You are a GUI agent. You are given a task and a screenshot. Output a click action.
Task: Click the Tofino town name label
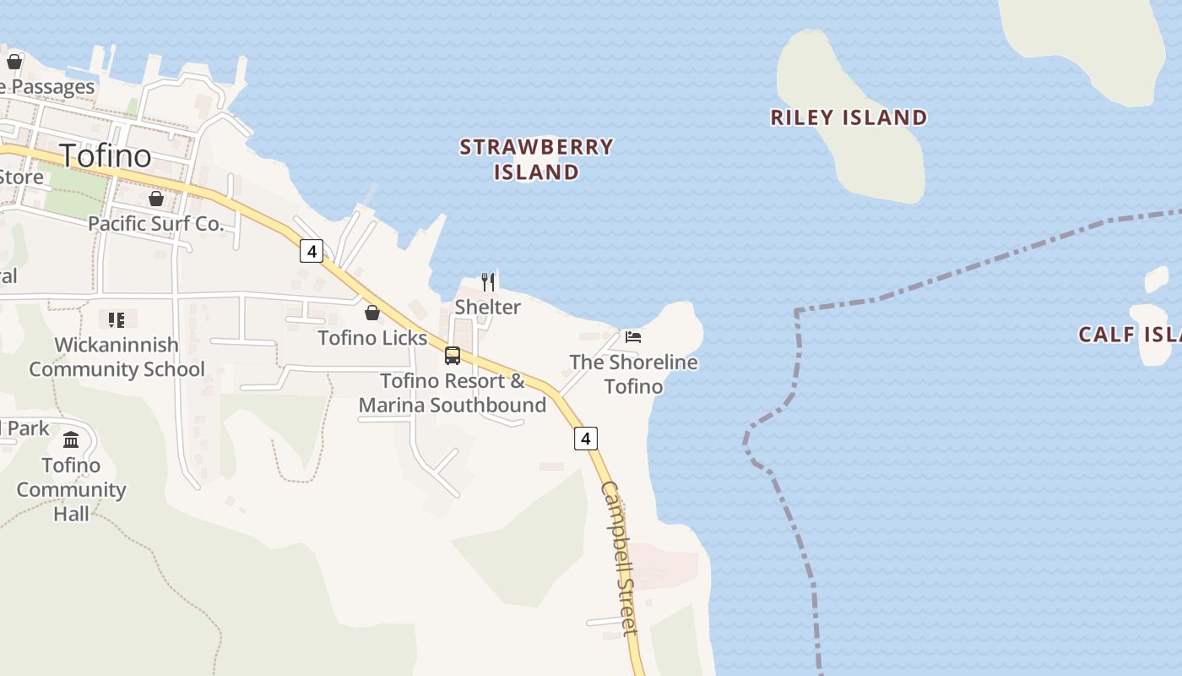[x=106, y=155]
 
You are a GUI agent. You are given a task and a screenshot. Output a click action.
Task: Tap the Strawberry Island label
[x=536, y=160]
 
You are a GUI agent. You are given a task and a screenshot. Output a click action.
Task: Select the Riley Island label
[x=849, y=117]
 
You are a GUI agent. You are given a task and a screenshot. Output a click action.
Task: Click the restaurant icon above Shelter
[x=488, y=281]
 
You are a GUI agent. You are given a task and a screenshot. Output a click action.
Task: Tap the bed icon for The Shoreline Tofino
[x=633, y=337]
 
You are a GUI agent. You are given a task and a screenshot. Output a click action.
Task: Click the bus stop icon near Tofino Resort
[x=453, y=355]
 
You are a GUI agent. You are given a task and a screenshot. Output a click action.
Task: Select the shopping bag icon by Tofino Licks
[x=371, y=313]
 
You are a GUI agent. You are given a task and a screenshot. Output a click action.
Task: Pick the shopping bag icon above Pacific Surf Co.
[x=156, y=199]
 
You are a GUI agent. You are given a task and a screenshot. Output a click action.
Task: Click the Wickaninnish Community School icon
[x=117, y=319]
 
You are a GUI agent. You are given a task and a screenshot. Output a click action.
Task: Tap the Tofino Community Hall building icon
[x=71, y=440]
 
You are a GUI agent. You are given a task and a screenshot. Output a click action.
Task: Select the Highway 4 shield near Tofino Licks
[x=312, y=251]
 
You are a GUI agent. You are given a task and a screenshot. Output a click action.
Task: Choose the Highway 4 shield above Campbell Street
[x=586, y=439]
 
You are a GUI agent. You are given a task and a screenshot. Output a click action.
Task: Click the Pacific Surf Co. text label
[x=156, y=224]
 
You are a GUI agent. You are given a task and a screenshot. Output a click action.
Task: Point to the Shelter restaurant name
[x=487, y=307]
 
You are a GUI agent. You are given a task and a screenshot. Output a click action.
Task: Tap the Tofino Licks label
[x=372, y=338]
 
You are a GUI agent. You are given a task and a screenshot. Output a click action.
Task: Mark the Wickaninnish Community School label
[x=117, y=357]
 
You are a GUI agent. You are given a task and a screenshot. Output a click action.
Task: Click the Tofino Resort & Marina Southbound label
[x=453, y=393]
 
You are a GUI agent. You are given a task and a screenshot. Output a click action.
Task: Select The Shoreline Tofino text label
[x=633, y=374]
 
